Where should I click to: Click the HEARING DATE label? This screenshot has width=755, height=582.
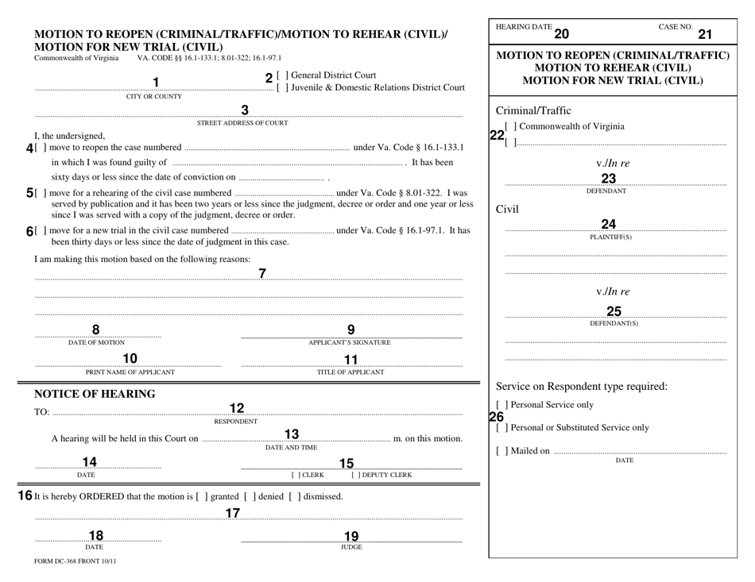coord(523,27)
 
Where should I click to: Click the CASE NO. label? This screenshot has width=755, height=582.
coord(676,27)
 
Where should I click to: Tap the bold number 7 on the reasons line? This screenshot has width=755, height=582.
coord(262,275)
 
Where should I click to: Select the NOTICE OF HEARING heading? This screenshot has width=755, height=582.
coord(95,394)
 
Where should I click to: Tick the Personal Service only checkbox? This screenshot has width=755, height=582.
coord(500,405)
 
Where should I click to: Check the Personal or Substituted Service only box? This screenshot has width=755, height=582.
coord(500,428)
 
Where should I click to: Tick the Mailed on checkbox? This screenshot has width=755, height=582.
coord(500,452)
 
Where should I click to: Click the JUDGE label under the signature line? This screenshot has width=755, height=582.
coord(351,547)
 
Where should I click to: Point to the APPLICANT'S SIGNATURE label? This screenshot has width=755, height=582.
coord(350,343)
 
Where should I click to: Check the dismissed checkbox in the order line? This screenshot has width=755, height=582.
coord(296,496)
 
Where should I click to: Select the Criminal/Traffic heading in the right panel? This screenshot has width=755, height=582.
coord(532,110)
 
